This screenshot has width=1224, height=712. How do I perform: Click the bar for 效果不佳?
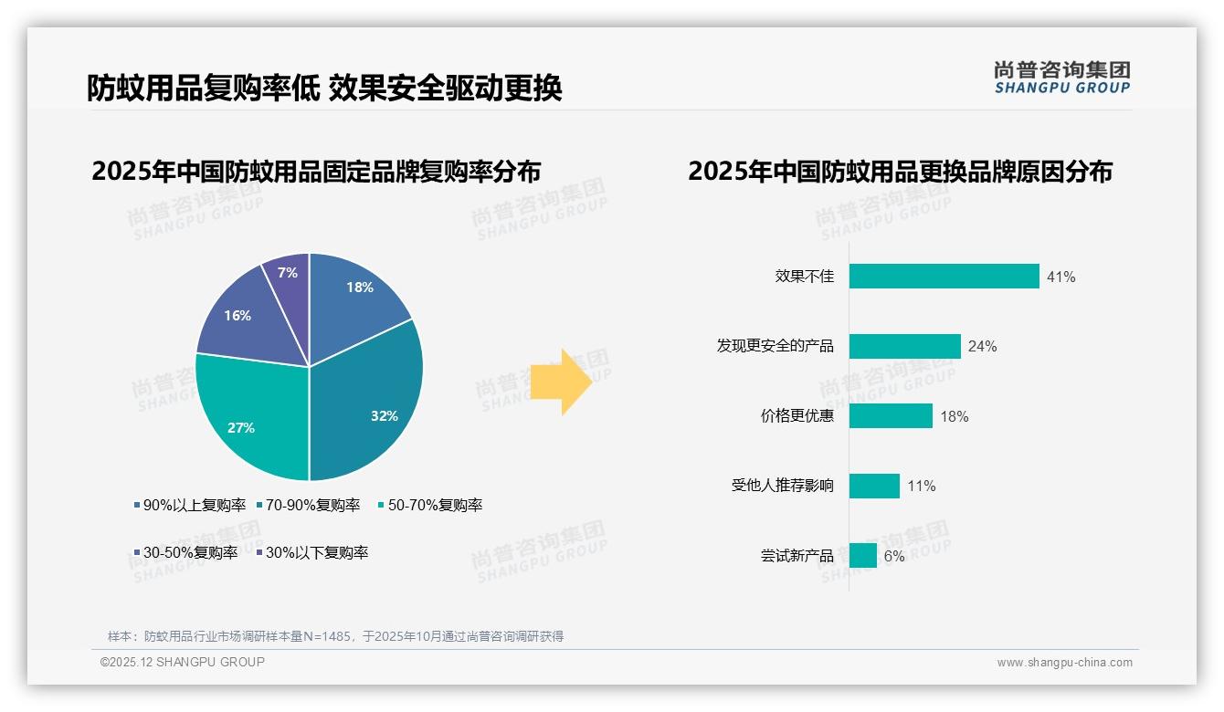944,276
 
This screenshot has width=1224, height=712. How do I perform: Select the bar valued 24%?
904,346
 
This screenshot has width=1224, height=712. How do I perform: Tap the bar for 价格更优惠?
891,416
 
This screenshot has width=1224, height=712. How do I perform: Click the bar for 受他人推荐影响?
874,486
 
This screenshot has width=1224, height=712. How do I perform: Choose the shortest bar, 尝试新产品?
862,555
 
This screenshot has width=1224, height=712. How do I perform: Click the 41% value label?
1061,277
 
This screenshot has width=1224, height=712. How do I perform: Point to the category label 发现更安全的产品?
775,346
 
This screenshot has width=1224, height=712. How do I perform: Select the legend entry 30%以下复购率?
312,552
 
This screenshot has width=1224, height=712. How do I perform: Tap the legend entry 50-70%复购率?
430,505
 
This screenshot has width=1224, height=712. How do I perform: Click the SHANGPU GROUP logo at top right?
1061,77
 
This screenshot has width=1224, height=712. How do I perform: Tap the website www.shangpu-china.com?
1064,662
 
